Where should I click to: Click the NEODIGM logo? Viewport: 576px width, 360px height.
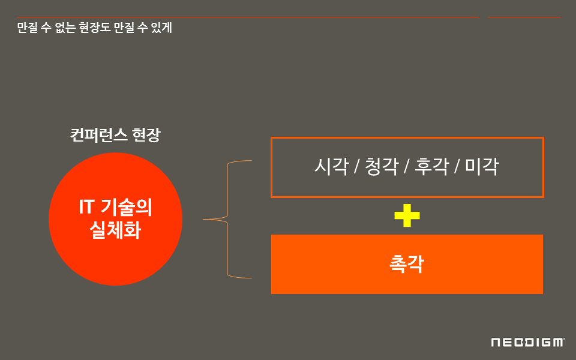tap(527, 342)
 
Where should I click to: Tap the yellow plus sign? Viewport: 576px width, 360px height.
tap(407, 216)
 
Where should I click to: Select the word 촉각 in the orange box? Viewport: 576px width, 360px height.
tap(407, 264)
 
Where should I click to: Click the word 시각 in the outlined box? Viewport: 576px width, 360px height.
tap(331, 166)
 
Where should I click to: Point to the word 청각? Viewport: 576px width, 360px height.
tap(382, 166)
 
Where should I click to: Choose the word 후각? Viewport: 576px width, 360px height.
tap(431, 166)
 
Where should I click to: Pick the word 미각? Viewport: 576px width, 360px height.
tap(482, 166)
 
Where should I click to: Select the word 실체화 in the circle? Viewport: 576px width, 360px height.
tap(115, 230)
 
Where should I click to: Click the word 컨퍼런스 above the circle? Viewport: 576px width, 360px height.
tap(98, 134)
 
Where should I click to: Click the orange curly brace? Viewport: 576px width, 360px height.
tap(227, 220)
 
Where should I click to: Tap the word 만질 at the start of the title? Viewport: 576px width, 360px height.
tap(27, 28)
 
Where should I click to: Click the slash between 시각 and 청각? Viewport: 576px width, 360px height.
tap(356, 167)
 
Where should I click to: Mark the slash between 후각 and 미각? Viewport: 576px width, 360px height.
tap(457, 167)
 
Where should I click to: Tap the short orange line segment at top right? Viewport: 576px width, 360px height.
tap(524, 17)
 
